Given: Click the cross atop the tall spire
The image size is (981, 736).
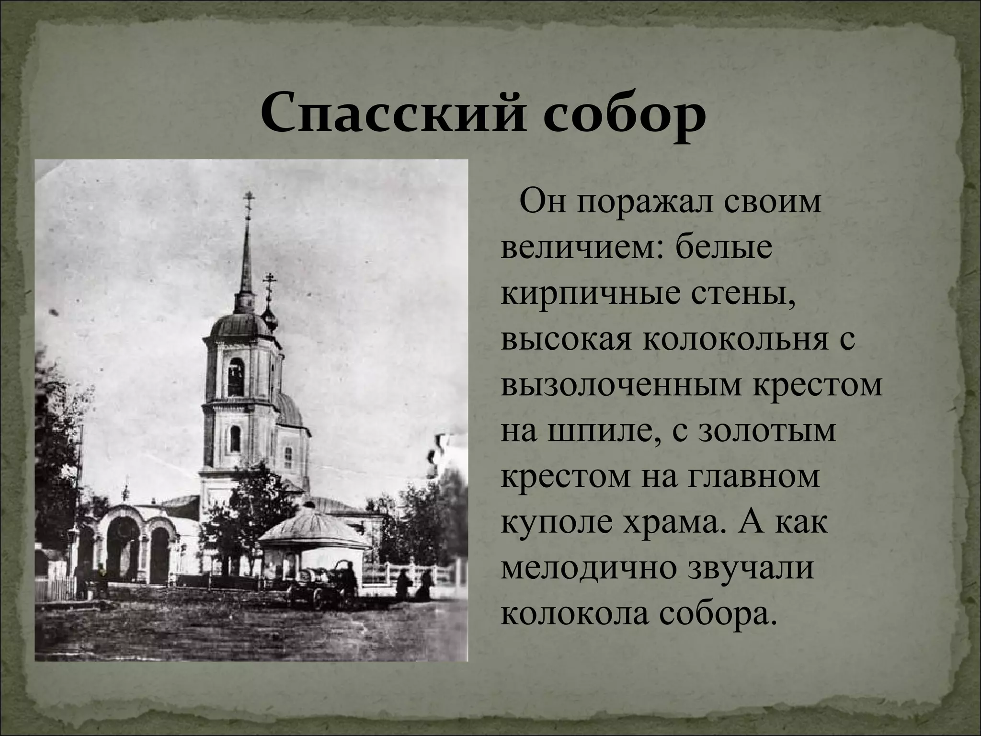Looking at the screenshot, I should pos(248,200).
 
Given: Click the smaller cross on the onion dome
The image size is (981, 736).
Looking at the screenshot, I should pos(270,283).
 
